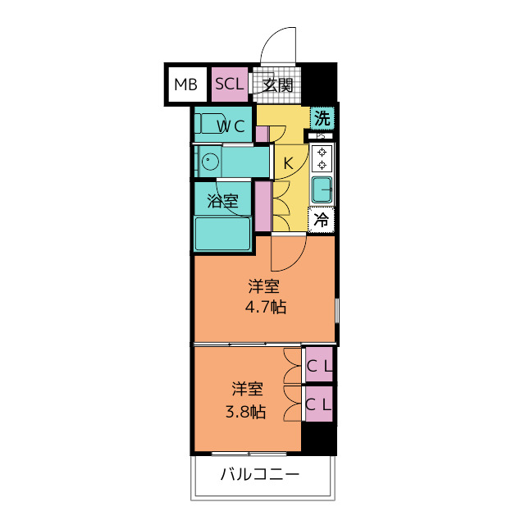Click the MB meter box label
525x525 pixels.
[x=186, y=84]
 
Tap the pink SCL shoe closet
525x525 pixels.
[x=230, y=84]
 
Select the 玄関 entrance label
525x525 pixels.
[x=277, y=85]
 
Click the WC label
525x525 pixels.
[x=231, y=126]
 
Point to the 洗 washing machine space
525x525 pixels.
[x=322, y=118]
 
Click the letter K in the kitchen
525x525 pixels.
[x=288, y=163]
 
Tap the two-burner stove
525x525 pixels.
[x=322, y=158]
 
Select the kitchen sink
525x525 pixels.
[x=322, y=189]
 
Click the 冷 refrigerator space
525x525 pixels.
[x=322, y=220]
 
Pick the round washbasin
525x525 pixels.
[x=210, y=162]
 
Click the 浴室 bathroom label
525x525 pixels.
[x=222, y=200]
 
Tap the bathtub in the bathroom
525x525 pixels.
[x=222, y=234]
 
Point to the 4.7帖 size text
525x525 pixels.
[x=266, y=307]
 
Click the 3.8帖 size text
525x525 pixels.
[x=245, y=412]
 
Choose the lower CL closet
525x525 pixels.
[x=319, y=404]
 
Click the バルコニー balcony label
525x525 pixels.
[x=260, y=474]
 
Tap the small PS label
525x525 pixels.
[x=321, y=136]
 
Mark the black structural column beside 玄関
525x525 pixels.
[x=319, y=82]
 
